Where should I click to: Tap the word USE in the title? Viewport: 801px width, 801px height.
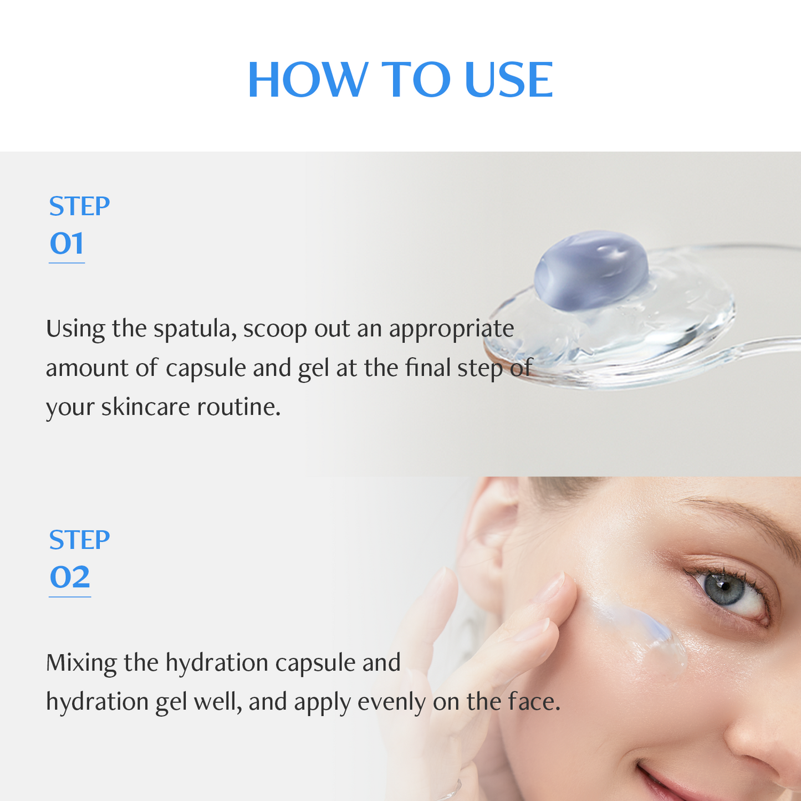(x=508, y=80)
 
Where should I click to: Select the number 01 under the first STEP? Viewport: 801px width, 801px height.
(x=67, y=243)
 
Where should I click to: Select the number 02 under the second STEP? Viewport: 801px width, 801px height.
(x=70, y=577)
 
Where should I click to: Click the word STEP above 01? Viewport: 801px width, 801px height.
(x=79, y=206)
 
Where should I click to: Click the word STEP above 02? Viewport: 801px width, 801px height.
(x=79, y=540)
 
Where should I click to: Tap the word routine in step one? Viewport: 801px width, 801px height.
(x=239, y=407)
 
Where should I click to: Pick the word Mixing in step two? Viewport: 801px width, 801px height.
(x=81, y=662)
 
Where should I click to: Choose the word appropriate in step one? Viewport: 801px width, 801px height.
(x=451, y=329)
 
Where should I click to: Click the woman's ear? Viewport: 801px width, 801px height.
(x=488, y=532)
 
